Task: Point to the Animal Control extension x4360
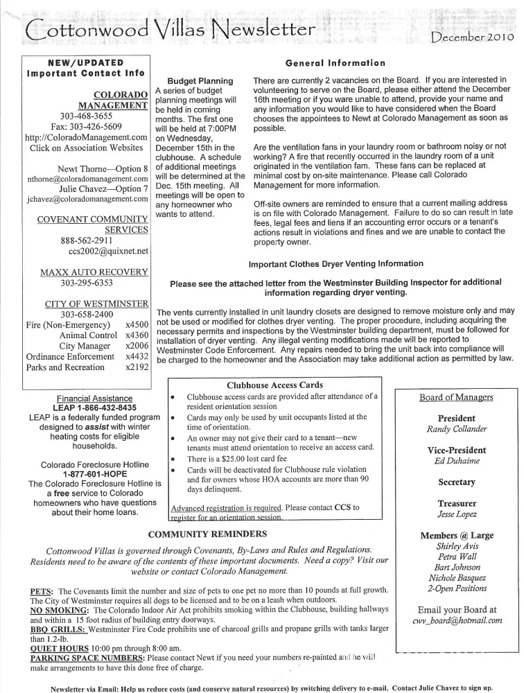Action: pos(137,335)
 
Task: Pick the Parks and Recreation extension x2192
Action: pos(137,367)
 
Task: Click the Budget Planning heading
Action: pos(200,81)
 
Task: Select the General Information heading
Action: pos(335,62)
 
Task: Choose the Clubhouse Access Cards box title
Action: pos(275,385)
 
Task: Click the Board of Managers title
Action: pos(456,397)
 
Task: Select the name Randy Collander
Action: pos(456,429)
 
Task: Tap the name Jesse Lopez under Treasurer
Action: pos(456,515)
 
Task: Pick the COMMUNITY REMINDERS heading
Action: pos(208,534)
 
